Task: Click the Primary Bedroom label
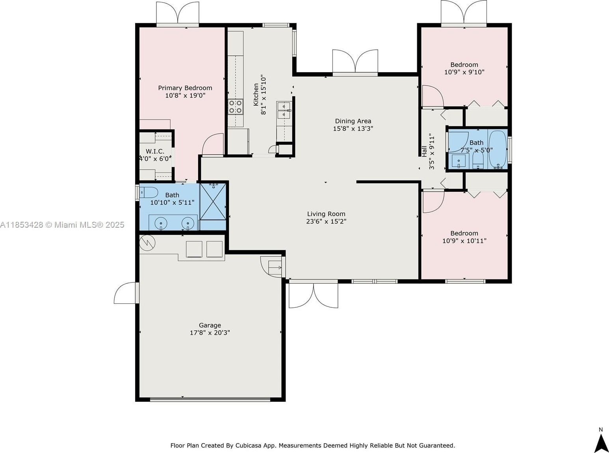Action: (185, 88)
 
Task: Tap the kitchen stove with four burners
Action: (236, 107)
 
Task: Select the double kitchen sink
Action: (284, 110)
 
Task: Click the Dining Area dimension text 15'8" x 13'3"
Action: (353, 129)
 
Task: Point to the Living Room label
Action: (326, 214)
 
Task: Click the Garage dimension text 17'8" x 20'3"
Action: (210, 333)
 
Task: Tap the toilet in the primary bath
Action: (149, 193)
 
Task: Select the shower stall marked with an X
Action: (213, 201)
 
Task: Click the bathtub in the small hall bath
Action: (498, 149)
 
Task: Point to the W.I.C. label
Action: (155, 151)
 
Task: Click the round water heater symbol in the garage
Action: (147, 243)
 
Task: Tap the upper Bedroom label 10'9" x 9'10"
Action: (464, 68)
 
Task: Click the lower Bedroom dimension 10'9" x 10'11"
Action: (464, 241)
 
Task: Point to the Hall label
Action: (425, 151)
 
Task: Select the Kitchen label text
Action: (256, 95)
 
